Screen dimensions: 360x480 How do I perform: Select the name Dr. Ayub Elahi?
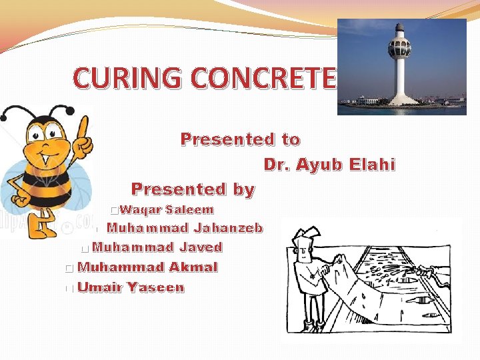(329, 164)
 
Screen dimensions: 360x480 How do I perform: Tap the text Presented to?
(240, 139)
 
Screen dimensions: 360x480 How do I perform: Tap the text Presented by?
(193, 189)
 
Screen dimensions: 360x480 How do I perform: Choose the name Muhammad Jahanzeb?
(185, 228)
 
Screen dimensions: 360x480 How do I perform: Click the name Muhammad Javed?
(157, 247)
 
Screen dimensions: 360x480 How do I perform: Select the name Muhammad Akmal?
(147, 267)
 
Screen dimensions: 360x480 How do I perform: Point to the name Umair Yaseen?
(131, 288)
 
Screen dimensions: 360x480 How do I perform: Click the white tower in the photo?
(401, 73)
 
